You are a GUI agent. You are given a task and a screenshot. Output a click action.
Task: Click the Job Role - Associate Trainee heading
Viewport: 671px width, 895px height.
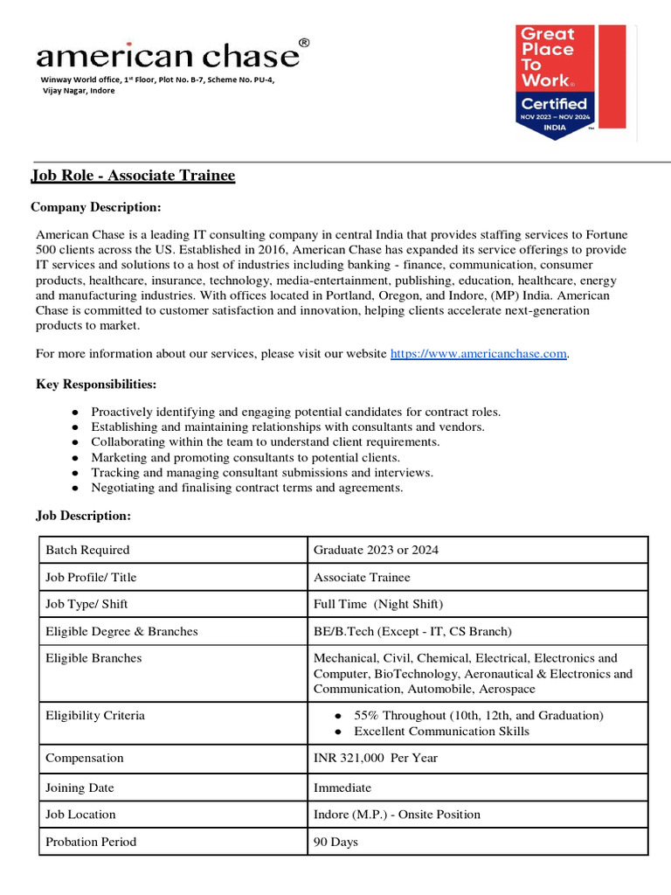pos(133,176)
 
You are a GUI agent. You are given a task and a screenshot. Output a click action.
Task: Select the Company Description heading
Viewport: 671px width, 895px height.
pos(96,207)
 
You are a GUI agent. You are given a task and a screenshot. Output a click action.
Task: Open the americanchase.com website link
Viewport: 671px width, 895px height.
pos(479,353)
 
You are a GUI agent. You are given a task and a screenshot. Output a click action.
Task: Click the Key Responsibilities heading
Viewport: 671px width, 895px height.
pos(96,385)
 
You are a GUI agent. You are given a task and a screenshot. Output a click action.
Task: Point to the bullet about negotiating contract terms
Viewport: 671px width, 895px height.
pos(246,488)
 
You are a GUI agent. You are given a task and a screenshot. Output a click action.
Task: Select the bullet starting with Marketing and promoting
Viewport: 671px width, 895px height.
pos(245,457)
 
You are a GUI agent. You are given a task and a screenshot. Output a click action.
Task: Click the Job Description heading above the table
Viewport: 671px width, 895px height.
pos(83,516)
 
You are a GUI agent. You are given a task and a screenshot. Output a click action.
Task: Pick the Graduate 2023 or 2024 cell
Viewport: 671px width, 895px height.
pos(376,550)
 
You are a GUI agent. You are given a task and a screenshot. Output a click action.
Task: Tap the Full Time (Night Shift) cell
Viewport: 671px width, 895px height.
pos(378,604)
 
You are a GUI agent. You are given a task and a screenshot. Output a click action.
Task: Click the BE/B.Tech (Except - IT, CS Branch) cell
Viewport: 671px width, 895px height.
pos(412,631)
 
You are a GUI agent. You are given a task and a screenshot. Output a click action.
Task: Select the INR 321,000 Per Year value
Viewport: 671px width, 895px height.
pos(376,758)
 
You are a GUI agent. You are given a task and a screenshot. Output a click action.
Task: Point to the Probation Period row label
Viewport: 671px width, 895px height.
pos(91,842)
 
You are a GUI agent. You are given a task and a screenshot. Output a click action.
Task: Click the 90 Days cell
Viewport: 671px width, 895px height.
pos(335,842)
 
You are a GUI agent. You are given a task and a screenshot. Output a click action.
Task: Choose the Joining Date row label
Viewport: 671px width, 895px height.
pos(80,787)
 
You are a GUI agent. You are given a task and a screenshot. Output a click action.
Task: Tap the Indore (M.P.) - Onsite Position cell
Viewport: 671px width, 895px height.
pos(397,814)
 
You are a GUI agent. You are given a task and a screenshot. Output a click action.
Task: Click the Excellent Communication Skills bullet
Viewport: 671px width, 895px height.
pos(441,731)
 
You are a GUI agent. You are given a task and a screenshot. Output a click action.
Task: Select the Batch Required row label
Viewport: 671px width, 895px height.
pos(87,550)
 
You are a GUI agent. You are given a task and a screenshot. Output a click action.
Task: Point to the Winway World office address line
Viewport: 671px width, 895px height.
pos(157,80)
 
